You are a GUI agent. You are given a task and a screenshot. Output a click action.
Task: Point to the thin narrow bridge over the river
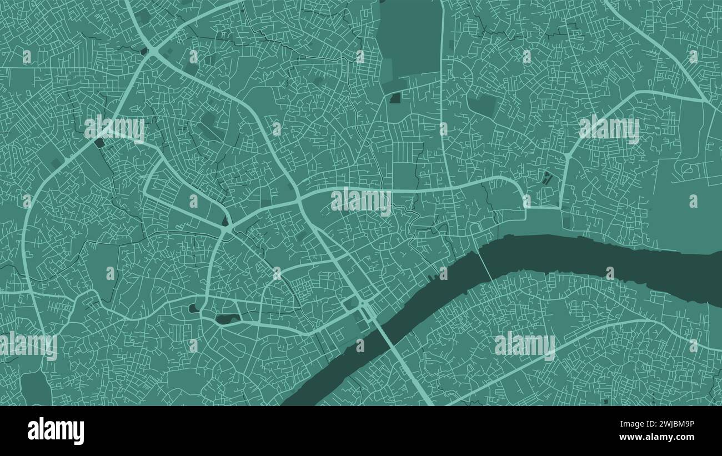(484, 266)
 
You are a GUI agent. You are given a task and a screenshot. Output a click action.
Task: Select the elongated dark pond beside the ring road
(228, 319)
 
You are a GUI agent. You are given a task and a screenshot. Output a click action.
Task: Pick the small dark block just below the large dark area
(395, 99)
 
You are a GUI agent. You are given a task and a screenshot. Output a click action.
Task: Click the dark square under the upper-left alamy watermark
(99, 143)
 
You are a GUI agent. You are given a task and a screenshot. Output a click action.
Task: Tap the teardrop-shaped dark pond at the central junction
(225, 222)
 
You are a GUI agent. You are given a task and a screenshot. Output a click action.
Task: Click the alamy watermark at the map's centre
(361, 201)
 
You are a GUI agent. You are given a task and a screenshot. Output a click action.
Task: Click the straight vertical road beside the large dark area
(443, 83)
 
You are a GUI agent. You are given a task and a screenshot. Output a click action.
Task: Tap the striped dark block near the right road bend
(547, 179)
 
